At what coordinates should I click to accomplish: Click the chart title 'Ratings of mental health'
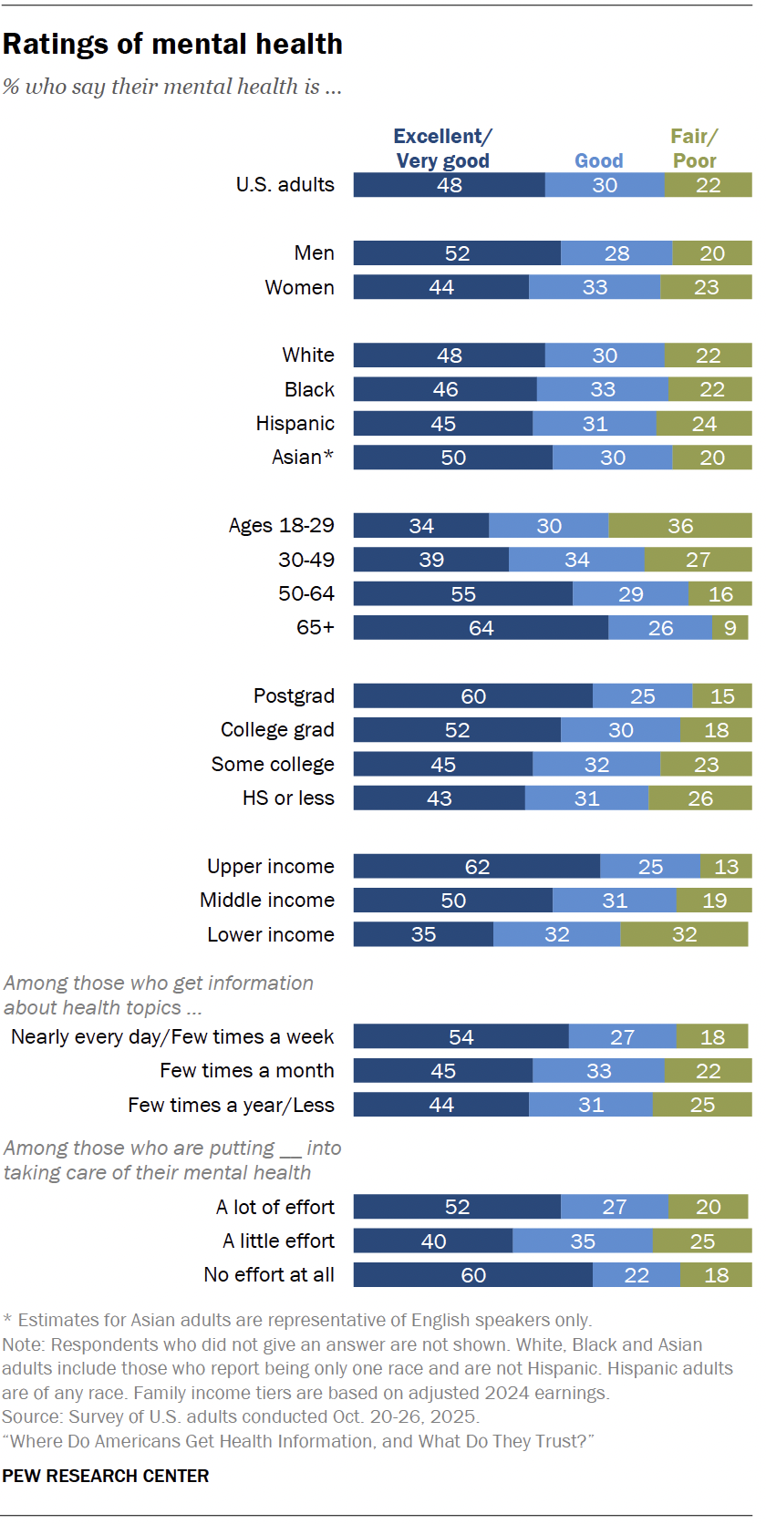(173, 44)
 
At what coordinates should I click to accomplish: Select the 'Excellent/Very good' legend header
(443, 149)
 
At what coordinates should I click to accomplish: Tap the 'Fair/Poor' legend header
(695, 149)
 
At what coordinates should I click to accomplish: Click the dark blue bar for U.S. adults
(449, 185)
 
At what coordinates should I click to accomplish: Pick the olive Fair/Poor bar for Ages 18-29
(680, 526)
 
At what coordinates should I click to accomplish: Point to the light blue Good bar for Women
(595, 287)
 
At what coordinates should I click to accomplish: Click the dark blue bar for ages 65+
(481, 628)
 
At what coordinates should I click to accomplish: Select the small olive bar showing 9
(730, 628)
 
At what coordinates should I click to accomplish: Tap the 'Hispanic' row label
(295, 424)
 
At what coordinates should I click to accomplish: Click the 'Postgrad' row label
(294, 696)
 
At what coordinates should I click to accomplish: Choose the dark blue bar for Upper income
(477, 867)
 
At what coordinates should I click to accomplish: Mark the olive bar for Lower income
(684, 934)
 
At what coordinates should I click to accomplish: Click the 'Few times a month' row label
(246, 1071)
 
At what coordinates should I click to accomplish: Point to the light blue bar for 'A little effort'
(583, 1241)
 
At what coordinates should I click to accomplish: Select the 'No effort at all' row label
(269, 1275)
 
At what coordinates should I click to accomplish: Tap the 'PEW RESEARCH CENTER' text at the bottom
(106, 1476)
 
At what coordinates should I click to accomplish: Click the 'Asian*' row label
(303, 458)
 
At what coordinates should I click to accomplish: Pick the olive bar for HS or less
(700, 798)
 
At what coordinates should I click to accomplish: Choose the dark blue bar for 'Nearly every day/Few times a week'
(461, 1037)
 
